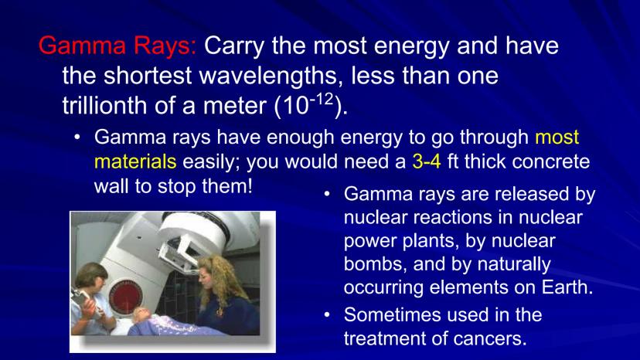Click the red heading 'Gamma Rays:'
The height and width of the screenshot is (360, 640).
coord(117,46)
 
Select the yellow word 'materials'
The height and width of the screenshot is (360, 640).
coord(135,161)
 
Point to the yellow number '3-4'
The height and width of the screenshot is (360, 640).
coord(427,161)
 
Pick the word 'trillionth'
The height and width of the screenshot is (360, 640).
coord(105,105)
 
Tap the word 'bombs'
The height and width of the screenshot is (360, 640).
coord(375,264)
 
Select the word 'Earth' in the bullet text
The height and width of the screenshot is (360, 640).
coord(567,287)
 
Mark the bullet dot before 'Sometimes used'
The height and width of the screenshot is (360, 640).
coord(327,315)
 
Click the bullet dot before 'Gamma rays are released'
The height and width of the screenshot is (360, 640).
coord(327,194)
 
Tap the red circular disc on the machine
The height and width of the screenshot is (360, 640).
coord(126,298)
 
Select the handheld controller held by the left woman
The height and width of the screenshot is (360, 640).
coord(82,299)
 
